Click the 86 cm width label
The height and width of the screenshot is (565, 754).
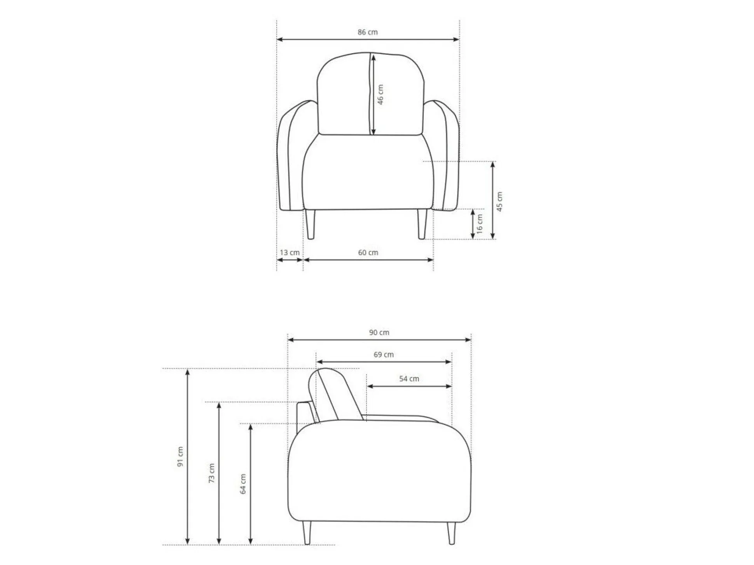(x=368, y=32)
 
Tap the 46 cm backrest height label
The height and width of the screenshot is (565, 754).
(x=380, y=94)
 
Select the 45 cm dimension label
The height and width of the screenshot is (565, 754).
(x=500, y=202)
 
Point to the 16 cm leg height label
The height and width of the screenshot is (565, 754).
(x=480, y=224)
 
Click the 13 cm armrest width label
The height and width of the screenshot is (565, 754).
(x=290, y=252)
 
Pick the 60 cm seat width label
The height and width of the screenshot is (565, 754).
(x=368, y=252)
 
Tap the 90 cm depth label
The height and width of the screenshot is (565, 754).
(x=379, y=332)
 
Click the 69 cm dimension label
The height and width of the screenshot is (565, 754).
(x=384, y=355)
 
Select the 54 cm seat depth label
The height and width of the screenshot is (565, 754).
(x=409, y=379)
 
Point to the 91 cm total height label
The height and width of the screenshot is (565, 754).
(x=180, y=456)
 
